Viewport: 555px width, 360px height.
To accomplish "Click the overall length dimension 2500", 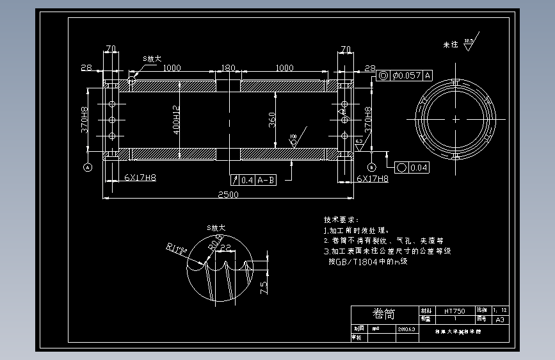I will tap(228, 195).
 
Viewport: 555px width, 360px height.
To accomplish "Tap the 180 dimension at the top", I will tap(227, 68).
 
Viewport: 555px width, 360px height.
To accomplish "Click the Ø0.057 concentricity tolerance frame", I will tap(406, 76).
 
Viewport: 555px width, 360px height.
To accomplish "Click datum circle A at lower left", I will tap(87, 167).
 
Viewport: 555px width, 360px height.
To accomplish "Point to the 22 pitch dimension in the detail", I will tap(225, 256).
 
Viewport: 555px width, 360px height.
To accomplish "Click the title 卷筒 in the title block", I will tap(383, 314).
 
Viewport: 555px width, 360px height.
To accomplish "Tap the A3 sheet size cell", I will tap(501, 318).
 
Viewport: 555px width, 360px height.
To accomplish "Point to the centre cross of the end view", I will tap(455, 119).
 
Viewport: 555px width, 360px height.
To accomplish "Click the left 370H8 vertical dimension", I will tap(84, 120).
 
